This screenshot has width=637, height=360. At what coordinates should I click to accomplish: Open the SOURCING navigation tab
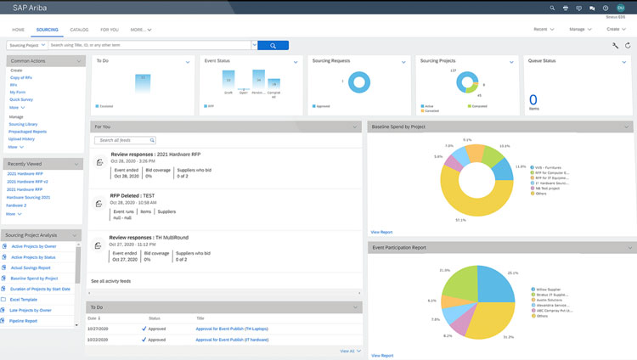(x=47, y=29)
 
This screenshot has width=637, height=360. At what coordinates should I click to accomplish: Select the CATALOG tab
(x=79, y=29)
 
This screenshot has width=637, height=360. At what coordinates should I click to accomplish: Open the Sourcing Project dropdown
(x=26, y=45)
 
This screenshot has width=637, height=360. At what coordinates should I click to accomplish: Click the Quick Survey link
(x=21, y=99)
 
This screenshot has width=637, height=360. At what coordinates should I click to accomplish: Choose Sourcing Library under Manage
(x=23, y=124)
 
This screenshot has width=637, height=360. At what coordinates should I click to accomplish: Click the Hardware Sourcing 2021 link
(x=28, y=197)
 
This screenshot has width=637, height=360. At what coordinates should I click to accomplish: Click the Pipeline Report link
(x=25, y=321)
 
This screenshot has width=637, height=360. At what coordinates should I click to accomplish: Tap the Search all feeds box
(x=125, y=140)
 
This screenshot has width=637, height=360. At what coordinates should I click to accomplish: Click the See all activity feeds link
(x=110, y=280)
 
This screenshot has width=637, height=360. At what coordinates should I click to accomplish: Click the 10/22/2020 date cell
(x=99, y=339)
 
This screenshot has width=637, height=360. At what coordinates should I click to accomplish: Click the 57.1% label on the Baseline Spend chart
(x=461, y=220)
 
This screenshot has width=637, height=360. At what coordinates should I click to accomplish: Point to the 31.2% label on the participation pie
(x=508, y=337)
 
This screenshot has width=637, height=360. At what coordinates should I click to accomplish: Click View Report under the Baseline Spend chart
(x=381, y=232)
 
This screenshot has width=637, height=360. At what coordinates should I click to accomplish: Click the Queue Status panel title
(x=542, y=61)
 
